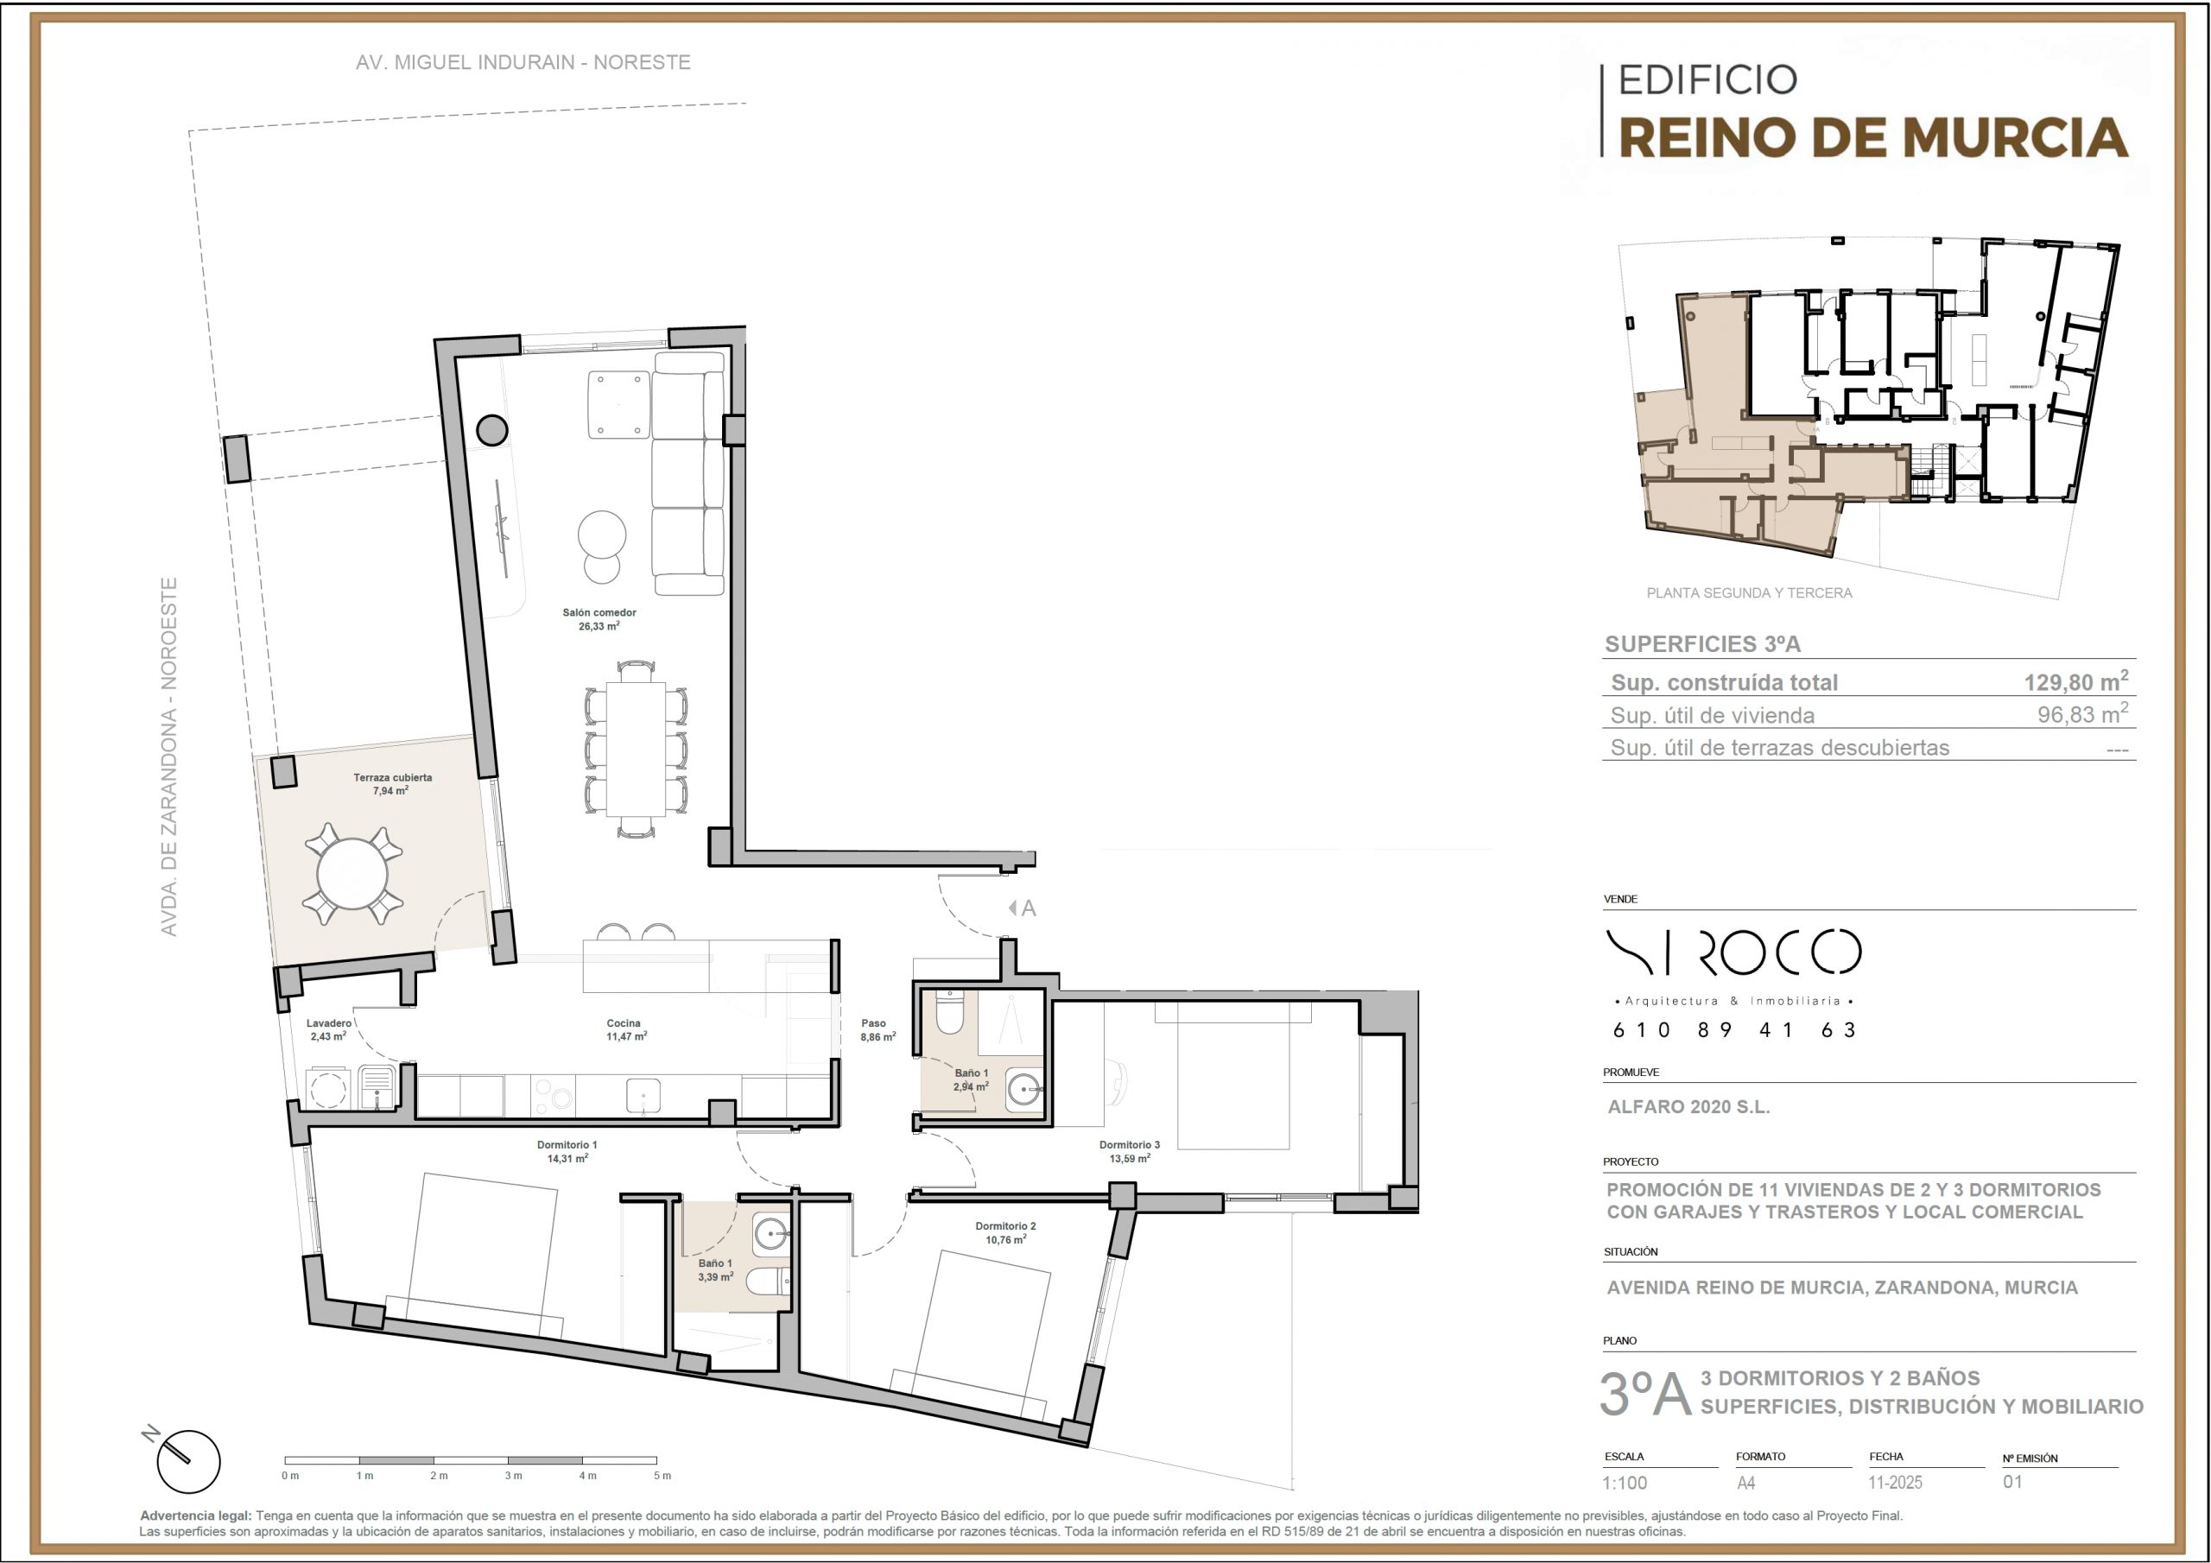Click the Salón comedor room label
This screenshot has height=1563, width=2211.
click(599, 612)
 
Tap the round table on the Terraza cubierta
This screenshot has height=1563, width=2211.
click(352, 874)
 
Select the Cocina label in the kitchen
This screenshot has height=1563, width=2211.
click(624, 1023)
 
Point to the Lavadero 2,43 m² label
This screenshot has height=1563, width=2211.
click(328, 1030)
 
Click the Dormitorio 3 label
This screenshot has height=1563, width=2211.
click(1130, 1145)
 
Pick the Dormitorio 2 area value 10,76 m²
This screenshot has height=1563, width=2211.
click(1005, 1239)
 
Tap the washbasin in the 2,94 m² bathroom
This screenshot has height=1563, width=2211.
click(1024, 1090)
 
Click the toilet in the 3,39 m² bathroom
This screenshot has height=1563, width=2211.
click(770, 1281)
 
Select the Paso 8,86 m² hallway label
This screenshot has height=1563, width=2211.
click(877, 1030)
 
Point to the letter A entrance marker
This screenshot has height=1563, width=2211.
click(1029, 908)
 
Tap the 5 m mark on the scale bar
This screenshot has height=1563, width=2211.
click(662, 1476)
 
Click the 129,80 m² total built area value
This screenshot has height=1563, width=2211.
click(2076, 682)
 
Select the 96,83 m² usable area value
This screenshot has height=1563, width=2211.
click(2082, 713)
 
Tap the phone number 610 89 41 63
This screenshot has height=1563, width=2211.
click(1734, 1029)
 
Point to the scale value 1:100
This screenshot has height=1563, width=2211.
click(1625, 1483)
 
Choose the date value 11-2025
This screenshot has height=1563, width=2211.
click(1895, 1483)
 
